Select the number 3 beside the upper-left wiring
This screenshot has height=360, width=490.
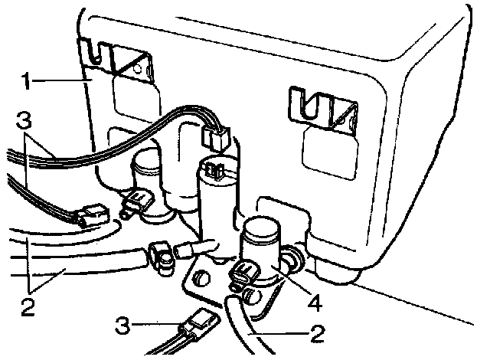pyautogui.click(x=24, y=122)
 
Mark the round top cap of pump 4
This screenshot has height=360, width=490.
pyautogui.click(x=261, y=230)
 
